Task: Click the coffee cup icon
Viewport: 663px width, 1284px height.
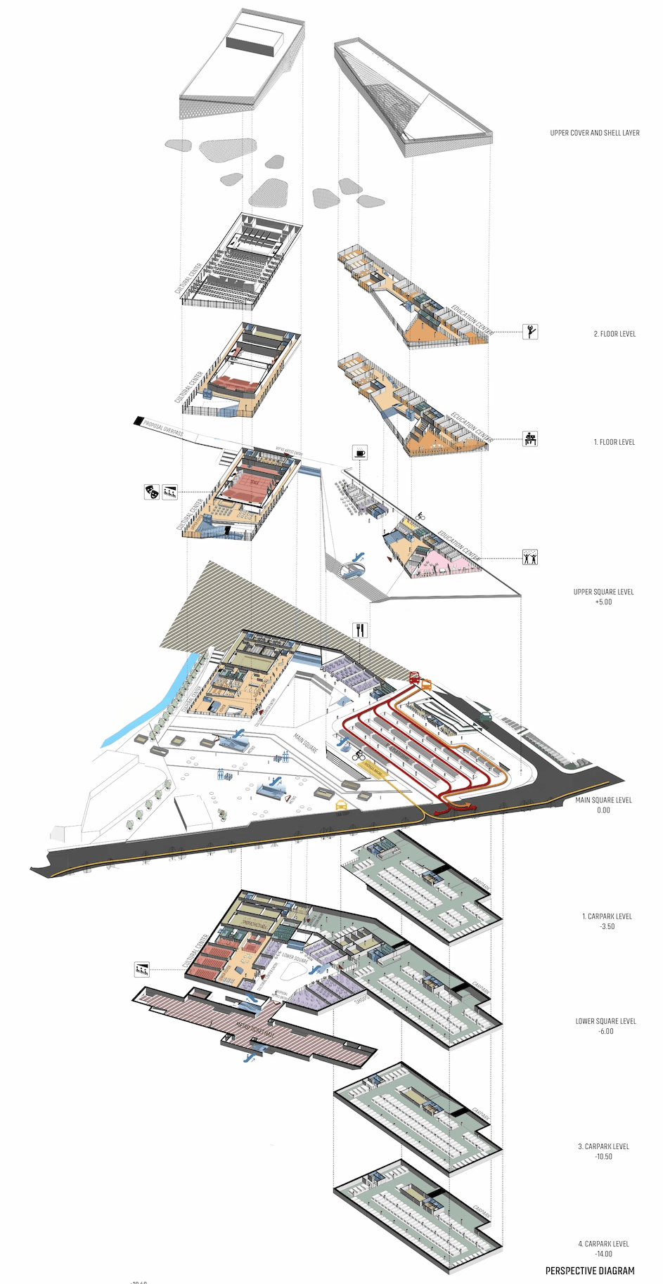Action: point(360,453)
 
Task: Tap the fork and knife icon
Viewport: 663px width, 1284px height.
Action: point(360,630)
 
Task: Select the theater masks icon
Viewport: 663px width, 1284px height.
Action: point(150,492)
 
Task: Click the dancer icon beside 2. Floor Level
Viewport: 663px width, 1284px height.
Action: point(531,331)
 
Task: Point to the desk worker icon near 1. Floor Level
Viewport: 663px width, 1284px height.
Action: point(531,439)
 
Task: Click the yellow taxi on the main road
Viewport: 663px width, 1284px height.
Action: point(341,805)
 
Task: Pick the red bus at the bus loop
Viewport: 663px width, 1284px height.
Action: point(414,677)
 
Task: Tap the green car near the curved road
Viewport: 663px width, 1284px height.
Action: point(486,716)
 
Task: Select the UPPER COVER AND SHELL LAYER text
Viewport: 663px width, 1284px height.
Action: point(595,133)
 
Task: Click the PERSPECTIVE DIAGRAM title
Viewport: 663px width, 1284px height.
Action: point(590,1270)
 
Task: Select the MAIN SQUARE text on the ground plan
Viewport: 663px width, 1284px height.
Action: point(306,744)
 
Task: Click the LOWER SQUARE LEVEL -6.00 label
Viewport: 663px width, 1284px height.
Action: point(605,1026)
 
